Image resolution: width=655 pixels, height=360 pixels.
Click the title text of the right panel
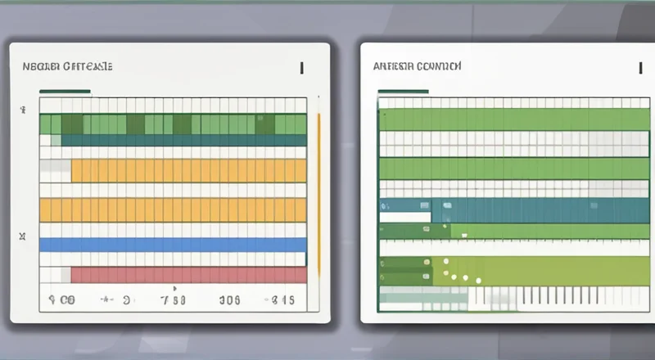coord(417,68)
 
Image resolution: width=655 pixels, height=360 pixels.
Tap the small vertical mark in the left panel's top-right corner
coord(302,67)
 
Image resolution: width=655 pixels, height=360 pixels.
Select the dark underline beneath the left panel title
coord(65,91)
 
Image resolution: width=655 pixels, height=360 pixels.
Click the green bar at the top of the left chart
coord(173,124)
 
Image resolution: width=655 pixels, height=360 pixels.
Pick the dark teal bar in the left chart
coord(183,140)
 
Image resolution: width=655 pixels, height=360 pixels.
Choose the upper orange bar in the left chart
coord(188,170)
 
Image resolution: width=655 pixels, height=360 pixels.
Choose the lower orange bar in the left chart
coord(173,209)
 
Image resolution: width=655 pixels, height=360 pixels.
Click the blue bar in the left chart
coord(173,244)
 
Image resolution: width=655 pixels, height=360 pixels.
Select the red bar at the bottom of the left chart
coord(188,274)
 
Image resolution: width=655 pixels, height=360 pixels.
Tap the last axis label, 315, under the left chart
coord(283,300)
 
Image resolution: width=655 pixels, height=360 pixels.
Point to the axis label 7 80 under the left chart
coord(174,300)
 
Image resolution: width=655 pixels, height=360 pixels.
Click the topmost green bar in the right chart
coord(514,119)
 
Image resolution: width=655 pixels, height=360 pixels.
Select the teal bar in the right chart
coord(540,210)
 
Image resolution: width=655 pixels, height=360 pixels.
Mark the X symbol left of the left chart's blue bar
coord(23,237)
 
